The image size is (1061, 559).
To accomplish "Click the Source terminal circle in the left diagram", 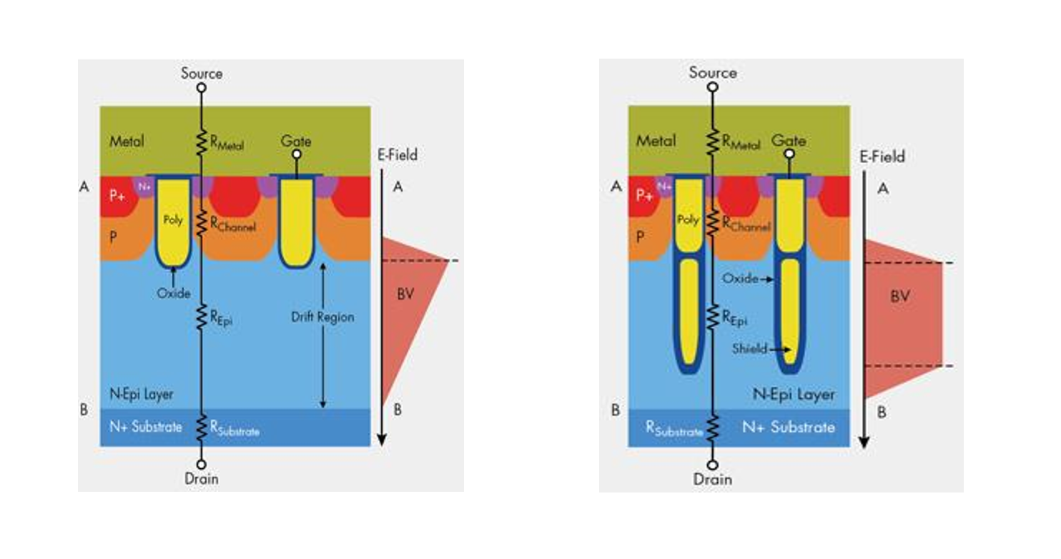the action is [x=202, y=88].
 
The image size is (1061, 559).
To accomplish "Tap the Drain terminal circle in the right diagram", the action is [x=712, y=465].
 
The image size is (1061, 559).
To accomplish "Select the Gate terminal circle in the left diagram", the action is [x=297, y=154].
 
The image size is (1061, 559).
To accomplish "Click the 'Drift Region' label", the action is [x=322, y=317].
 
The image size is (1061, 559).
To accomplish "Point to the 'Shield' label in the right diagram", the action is [x=749, y=349].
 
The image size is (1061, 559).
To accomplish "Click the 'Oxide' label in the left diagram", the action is [x=173, y=293].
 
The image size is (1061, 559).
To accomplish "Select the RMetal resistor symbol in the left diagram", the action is [x=202, y=142].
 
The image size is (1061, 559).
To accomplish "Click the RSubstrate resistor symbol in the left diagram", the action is [x=202, y=427].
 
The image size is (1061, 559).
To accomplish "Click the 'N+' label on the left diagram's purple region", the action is [x=144, y=187].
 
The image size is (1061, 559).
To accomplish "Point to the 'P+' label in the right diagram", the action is [x=645, y=194].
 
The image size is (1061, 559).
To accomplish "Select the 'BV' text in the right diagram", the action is [x=899, y=297].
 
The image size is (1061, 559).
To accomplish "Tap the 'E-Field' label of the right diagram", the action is [x=882, y=157].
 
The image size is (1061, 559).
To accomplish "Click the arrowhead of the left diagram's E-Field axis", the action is [x=382, y=440].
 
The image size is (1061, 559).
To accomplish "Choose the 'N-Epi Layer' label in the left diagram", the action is [x=141, y=394].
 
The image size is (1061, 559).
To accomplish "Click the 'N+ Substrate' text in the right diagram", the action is [x=788, y=427].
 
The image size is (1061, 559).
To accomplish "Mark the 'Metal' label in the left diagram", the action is [x=127, y=141].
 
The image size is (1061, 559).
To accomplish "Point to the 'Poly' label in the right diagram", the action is [x=688, y=219].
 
